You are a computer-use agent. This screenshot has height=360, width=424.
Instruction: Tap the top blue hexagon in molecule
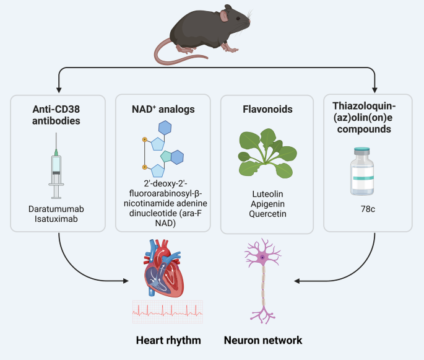click(165, 128)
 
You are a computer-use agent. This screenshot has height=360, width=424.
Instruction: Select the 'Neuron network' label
click(264, 341)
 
